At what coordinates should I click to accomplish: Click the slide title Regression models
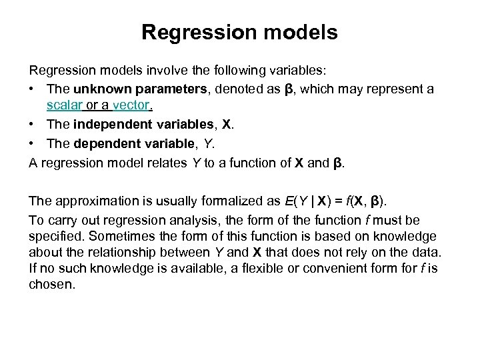tap(239, 32)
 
